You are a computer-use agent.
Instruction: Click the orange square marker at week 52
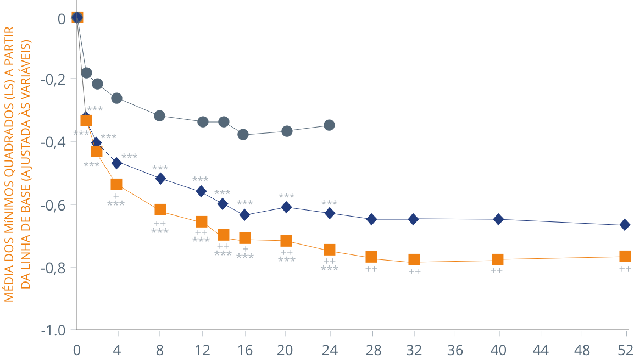(625, 257)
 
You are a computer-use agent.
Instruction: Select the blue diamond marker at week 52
(625, 225)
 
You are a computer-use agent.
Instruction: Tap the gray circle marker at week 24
(329, 125)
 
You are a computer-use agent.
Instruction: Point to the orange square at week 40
(498, 259)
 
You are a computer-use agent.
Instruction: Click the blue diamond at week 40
(498, 219)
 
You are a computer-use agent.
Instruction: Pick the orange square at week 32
(414, 259)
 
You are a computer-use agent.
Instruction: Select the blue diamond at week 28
(372, 219)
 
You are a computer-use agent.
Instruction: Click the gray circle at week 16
(243, 134)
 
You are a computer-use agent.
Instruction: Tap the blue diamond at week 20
(286, 207)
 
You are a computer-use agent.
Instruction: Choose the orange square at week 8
(160, 209)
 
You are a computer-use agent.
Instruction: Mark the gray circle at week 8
(160, 116)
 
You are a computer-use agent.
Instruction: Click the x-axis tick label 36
(455, 350)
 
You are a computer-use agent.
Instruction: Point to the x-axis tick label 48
(583, 350)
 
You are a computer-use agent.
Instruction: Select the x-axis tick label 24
(329, 350)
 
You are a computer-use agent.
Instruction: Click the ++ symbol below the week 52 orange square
(625, 269)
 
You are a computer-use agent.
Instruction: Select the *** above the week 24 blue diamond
(329, 203)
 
